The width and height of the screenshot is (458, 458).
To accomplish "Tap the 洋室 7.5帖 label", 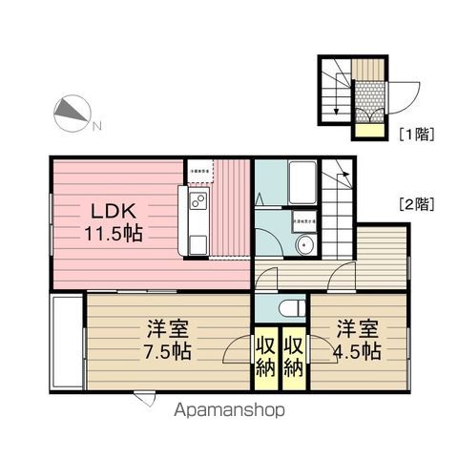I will coord(167,340).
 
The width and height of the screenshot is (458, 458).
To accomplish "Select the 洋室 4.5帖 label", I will coord(357,340).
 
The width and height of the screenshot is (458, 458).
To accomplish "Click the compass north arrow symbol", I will coord(70,114).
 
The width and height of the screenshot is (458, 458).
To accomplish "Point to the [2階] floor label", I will coord(417,202).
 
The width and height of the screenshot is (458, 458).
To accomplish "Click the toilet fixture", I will coord(290,307).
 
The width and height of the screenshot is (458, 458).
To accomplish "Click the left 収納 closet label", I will coord(264,355).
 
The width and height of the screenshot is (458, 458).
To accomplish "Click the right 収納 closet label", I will coord(294,355).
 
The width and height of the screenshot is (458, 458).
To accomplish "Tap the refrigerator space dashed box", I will coord(199,171).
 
